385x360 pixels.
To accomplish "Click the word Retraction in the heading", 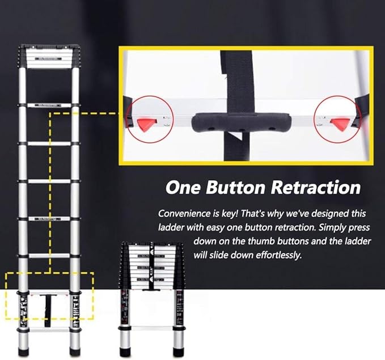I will pos(314,188).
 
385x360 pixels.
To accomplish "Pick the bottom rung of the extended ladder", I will pos(48,329).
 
